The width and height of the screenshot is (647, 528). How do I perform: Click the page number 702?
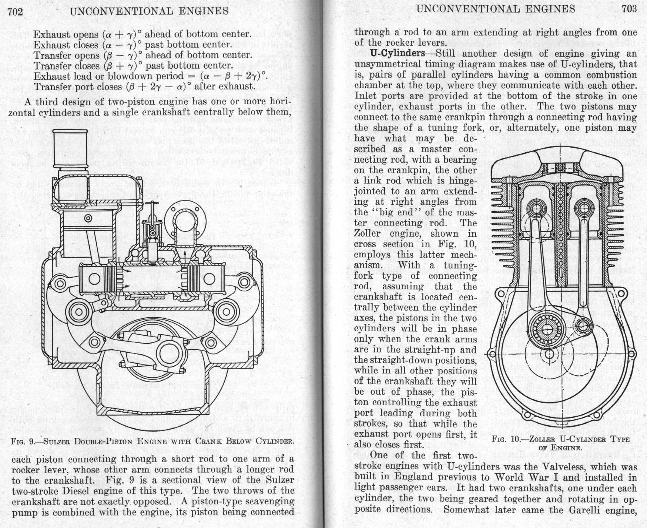pyautogui.click(x=15, y=12)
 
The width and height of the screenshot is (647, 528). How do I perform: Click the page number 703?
pyautogui.click(x=629, y=9)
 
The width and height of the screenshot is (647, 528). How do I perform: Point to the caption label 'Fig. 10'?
pyautogui.click(x=506, y=440)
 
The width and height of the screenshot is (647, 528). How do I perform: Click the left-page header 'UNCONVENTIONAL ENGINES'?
pyautogui.click(x=149, y=11)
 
